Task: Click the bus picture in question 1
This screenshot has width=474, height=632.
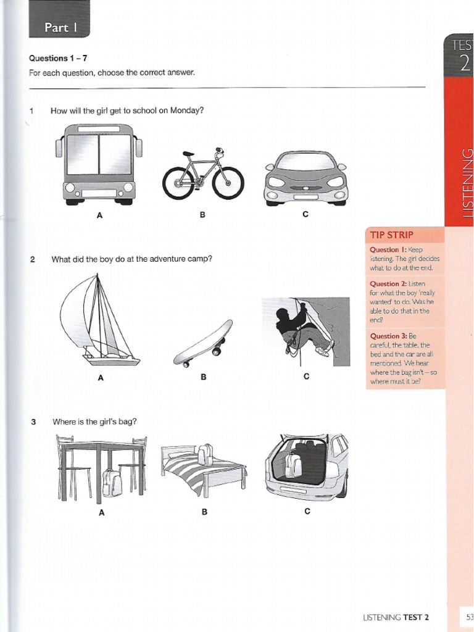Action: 99,164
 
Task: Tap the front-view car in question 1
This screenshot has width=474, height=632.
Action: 306,178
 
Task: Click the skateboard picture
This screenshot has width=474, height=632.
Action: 203,344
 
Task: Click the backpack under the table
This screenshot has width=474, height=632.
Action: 112,483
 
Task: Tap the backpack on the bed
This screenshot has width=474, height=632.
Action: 206,455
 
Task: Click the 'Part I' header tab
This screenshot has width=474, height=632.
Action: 59,28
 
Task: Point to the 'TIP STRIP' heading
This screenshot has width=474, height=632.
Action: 391,235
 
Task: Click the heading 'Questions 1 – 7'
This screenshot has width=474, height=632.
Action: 57,58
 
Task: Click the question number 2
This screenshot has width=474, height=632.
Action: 32,259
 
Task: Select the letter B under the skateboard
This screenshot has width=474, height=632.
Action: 203,378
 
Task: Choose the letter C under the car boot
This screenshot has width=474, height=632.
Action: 306,511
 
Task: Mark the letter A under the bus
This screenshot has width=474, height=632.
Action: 99,215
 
